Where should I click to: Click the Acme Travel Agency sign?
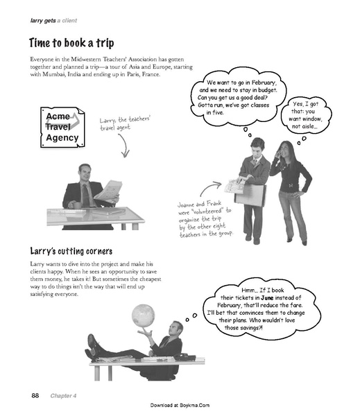62,128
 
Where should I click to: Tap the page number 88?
35,395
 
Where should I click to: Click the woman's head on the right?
284,149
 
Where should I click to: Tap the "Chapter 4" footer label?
62,395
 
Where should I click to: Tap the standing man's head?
257,146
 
